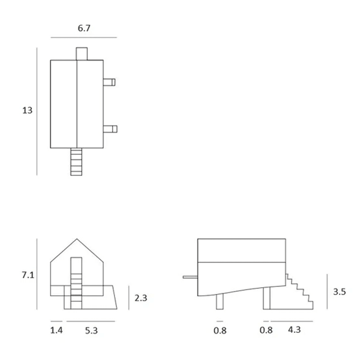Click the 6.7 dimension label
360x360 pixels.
(84, 28)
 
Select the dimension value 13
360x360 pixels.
(27, 111)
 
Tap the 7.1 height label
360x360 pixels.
(27, 275)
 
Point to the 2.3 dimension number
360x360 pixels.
(140, 298)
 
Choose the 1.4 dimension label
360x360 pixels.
(56, 330)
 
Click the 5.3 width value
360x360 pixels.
(91, 330)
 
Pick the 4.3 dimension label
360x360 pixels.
(294, 330)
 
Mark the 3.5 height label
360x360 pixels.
(339, 292)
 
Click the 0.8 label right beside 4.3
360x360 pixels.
(266, 330)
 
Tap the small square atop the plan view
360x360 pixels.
(82, 54)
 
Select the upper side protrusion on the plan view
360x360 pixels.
(109, 82)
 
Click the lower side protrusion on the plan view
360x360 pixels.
(110, 129)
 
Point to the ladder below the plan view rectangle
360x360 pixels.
(77, 162)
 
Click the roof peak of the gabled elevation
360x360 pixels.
(76, 239)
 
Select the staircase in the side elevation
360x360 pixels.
(300, 293)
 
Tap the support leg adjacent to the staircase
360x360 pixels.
(266, 298)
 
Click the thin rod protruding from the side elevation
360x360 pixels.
(190, 277)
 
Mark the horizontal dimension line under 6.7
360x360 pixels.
(84, 37)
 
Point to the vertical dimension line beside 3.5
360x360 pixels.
(327, 291)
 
